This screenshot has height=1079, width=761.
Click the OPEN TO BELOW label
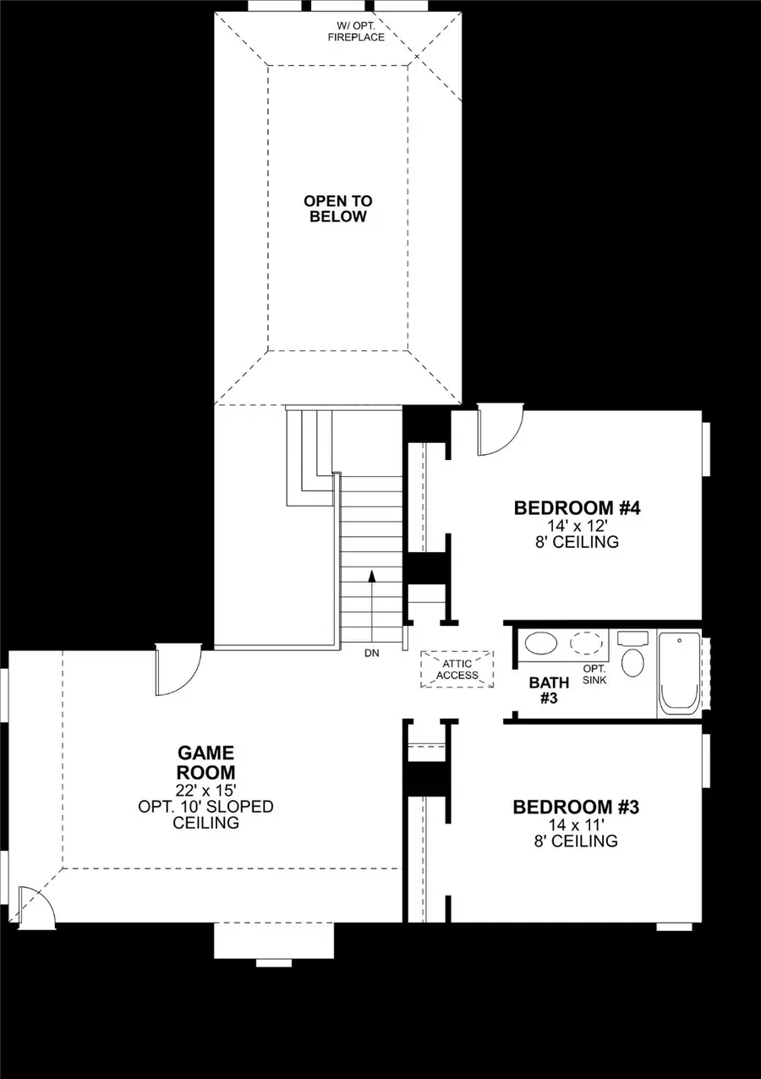337,209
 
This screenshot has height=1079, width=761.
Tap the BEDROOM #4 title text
578,508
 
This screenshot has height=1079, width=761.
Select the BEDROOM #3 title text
576,808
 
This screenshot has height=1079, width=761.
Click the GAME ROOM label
205,762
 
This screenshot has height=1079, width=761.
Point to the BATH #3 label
544,690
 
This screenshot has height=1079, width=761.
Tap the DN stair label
372,654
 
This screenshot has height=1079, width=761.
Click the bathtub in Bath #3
679,674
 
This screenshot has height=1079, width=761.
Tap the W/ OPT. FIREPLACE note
357,32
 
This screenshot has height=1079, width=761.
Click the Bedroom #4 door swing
501,431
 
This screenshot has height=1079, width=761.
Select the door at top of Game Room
178,670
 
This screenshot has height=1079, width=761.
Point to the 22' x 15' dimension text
205,790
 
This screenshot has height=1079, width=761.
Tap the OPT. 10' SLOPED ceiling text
205,807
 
